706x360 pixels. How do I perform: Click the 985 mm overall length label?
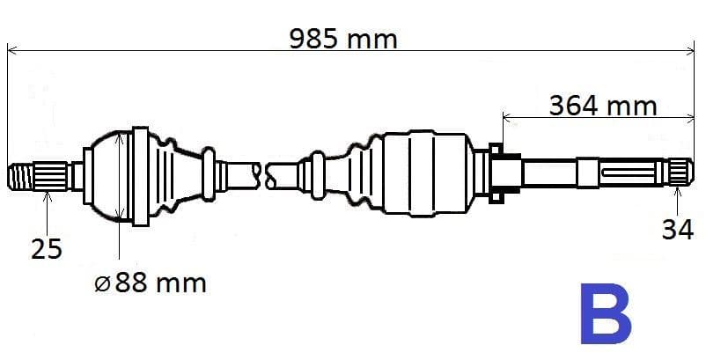343,39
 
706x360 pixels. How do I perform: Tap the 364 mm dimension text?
603,107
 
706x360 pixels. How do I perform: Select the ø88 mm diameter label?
151,283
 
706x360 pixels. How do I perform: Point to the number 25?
46,249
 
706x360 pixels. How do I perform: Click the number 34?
677,230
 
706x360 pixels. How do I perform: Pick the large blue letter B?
606,313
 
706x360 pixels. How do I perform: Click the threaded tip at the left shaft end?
21,176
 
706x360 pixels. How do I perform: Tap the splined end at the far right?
680,172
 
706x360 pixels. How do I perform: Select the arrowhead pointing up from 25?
48,195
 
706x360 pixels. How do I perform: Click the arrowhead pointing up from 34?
677,192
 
